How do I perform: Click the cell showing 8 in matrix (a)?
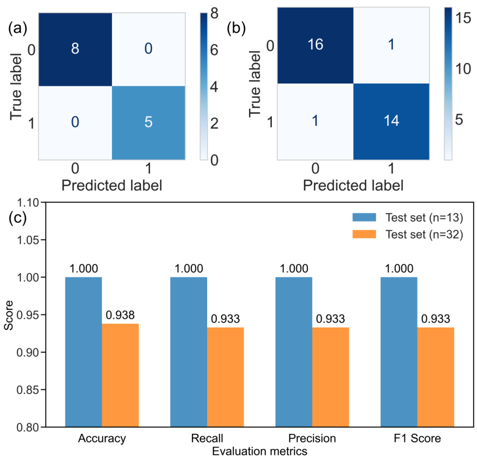[x=75, y=49]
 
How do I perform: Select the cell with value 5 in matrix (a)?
[x=148, y=123]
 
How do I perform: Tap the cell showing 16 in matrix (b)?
[x=315, y=45]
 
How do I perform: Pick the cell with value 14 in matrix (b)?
[x=390, y=121]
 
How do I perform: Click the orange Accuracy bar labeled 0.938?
[x=120, y=375]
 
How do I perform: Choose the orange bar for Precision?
[x=330, y=377]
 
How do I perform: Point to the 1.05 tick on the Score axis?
[x=31, y=240]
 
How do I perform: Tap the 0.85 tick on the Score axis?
[x=31, y=390]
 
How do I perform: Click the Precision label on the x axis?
[x=312, y=438]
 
